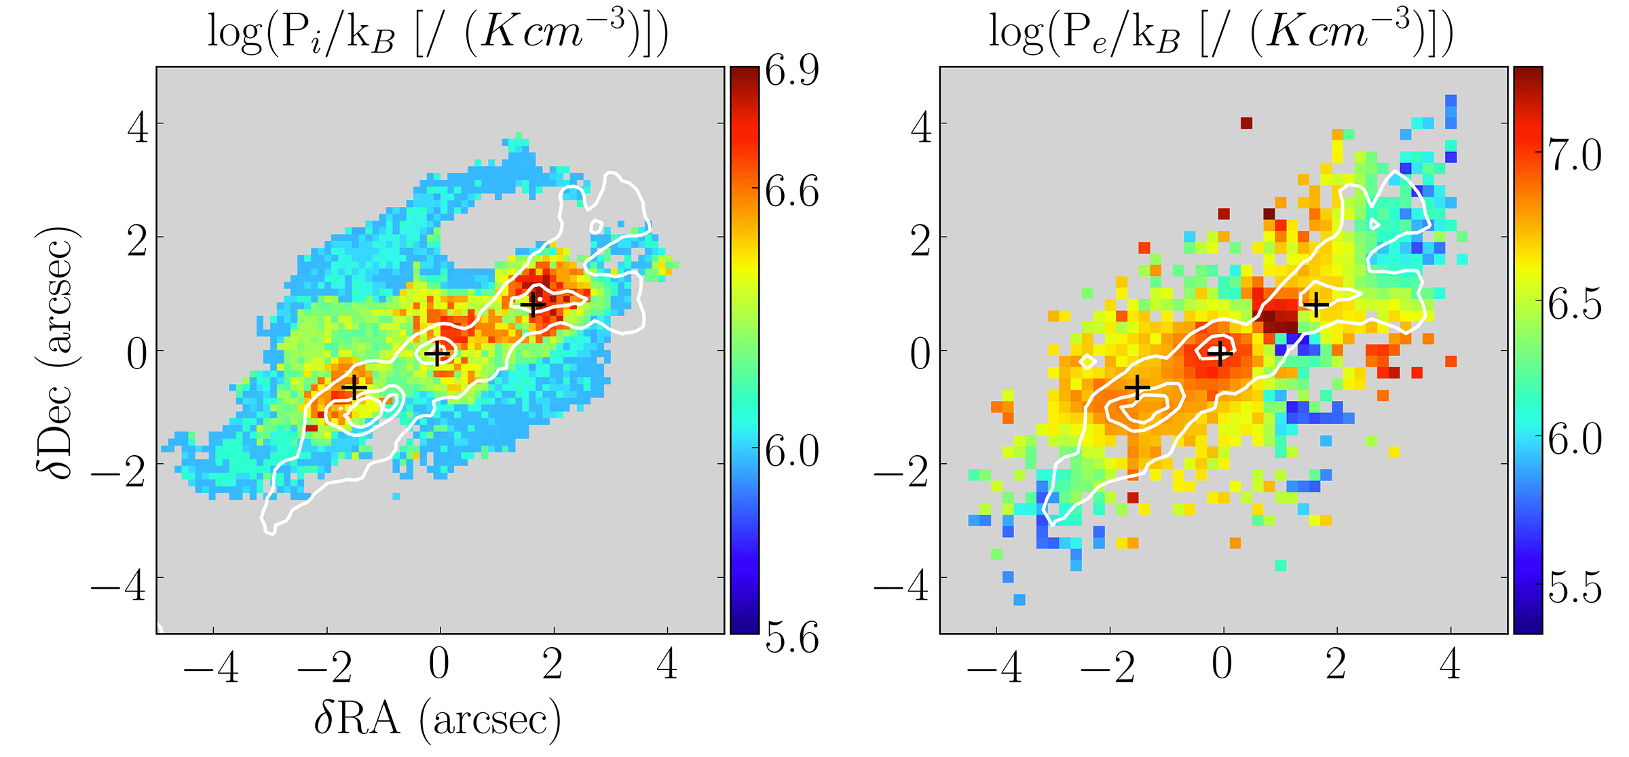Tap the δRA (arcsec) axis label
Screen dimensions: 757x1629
click(438, 719)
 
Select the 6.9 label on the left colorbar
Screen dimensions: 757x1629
click(791, 71)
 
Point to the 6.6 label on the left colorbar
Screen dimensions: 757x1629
click(791, 193)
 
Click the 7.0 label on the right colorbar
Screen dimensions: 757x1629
click(1575, 155)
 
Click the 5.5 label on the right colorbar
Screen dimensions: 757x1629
click(1575, 587)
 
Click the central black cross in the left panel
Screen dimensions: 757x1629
click(438, 353)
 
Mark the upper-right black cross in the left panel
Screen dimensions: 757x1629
click(533, 305)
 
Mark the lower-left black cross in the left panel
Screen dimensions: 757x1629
click(354, 387)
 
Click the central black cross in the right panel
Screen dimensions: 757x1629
click(1220, 353)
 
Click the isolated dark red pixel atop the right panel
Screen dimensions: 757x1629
click(1246, 123)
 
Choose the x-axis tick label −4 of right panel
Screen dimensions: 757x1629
click(994, 667)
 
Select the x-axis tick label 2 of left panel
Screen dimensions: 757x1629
click(553, 665)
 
